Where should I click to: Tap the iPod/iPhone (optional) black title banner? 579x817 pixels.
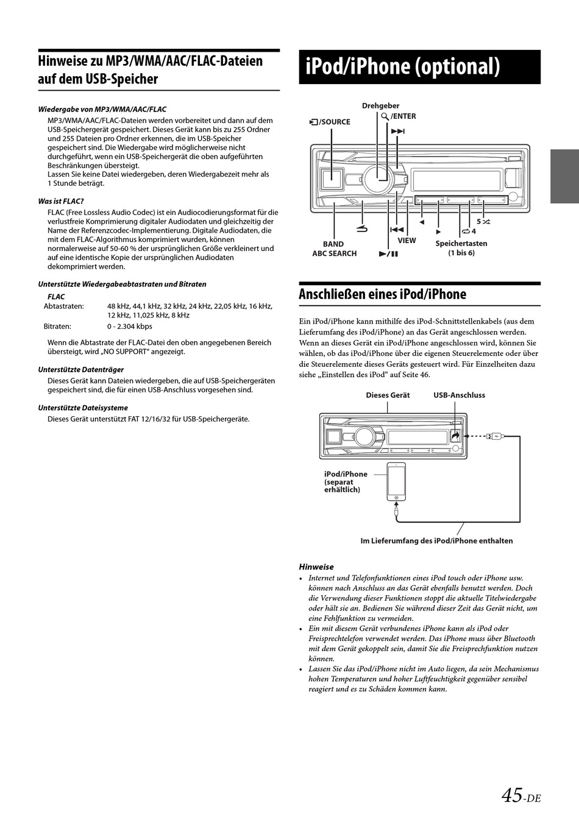coord(419,66)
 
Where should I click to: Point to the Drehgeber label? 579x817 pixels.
coord(380,105)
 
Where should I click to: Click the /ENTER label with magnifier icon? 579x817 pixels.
coord(402,116)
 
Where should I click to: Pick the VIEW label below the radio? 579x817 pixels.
coord(407,241)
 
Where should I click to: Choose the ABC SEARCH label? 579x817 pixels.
coord(334,253)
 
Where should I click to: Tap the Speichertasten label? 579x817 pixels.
coord(461,244)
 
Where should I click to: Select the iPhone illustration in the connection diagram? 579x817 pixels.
coord(396,481)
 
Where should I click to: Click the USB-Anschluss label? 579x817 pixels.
coord(459,395)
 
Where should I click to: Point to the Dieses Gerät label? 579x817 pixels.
coord(388,395)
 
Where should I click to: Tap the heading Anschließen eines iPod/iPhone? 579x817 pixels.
coord(382,294)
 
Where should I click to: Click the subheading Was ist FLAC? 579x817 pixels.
coord(61,201)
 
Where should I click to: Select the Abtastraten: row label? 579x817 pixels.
coord(63,306)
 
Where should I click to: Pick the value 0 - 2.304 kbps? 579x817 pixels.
coord(130,327)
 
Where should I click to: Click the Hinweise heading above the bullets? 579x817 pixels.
coord(316,567)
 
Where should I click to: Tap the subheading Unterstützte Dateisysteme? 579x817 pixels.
coord(83,408)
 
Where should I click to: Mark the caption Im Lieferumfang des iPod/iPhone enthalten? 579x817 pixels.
coord(436,541)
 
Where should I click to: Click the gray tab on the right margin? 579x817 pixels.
coord(564,176)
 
